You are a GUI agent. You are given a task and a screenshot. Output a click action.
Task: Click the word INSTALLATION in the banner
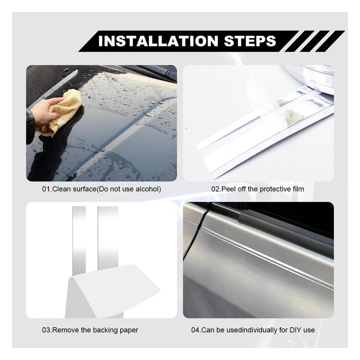pos(158,41)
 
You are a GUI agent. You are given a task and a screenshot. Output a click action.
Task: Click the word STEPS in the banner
pos(250,41)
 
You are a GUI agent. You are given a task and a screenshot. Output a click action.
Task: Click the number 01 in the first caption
pos(46,189)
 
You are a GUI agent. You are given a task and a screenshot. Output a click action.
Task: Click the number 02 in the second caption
pos(216,189)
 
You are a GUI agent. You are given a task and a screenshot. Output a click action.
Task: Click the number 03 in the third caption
pos(46,330)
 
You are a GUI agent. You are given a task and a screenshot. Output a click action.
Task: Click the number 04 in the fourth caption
pos(196,330)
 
